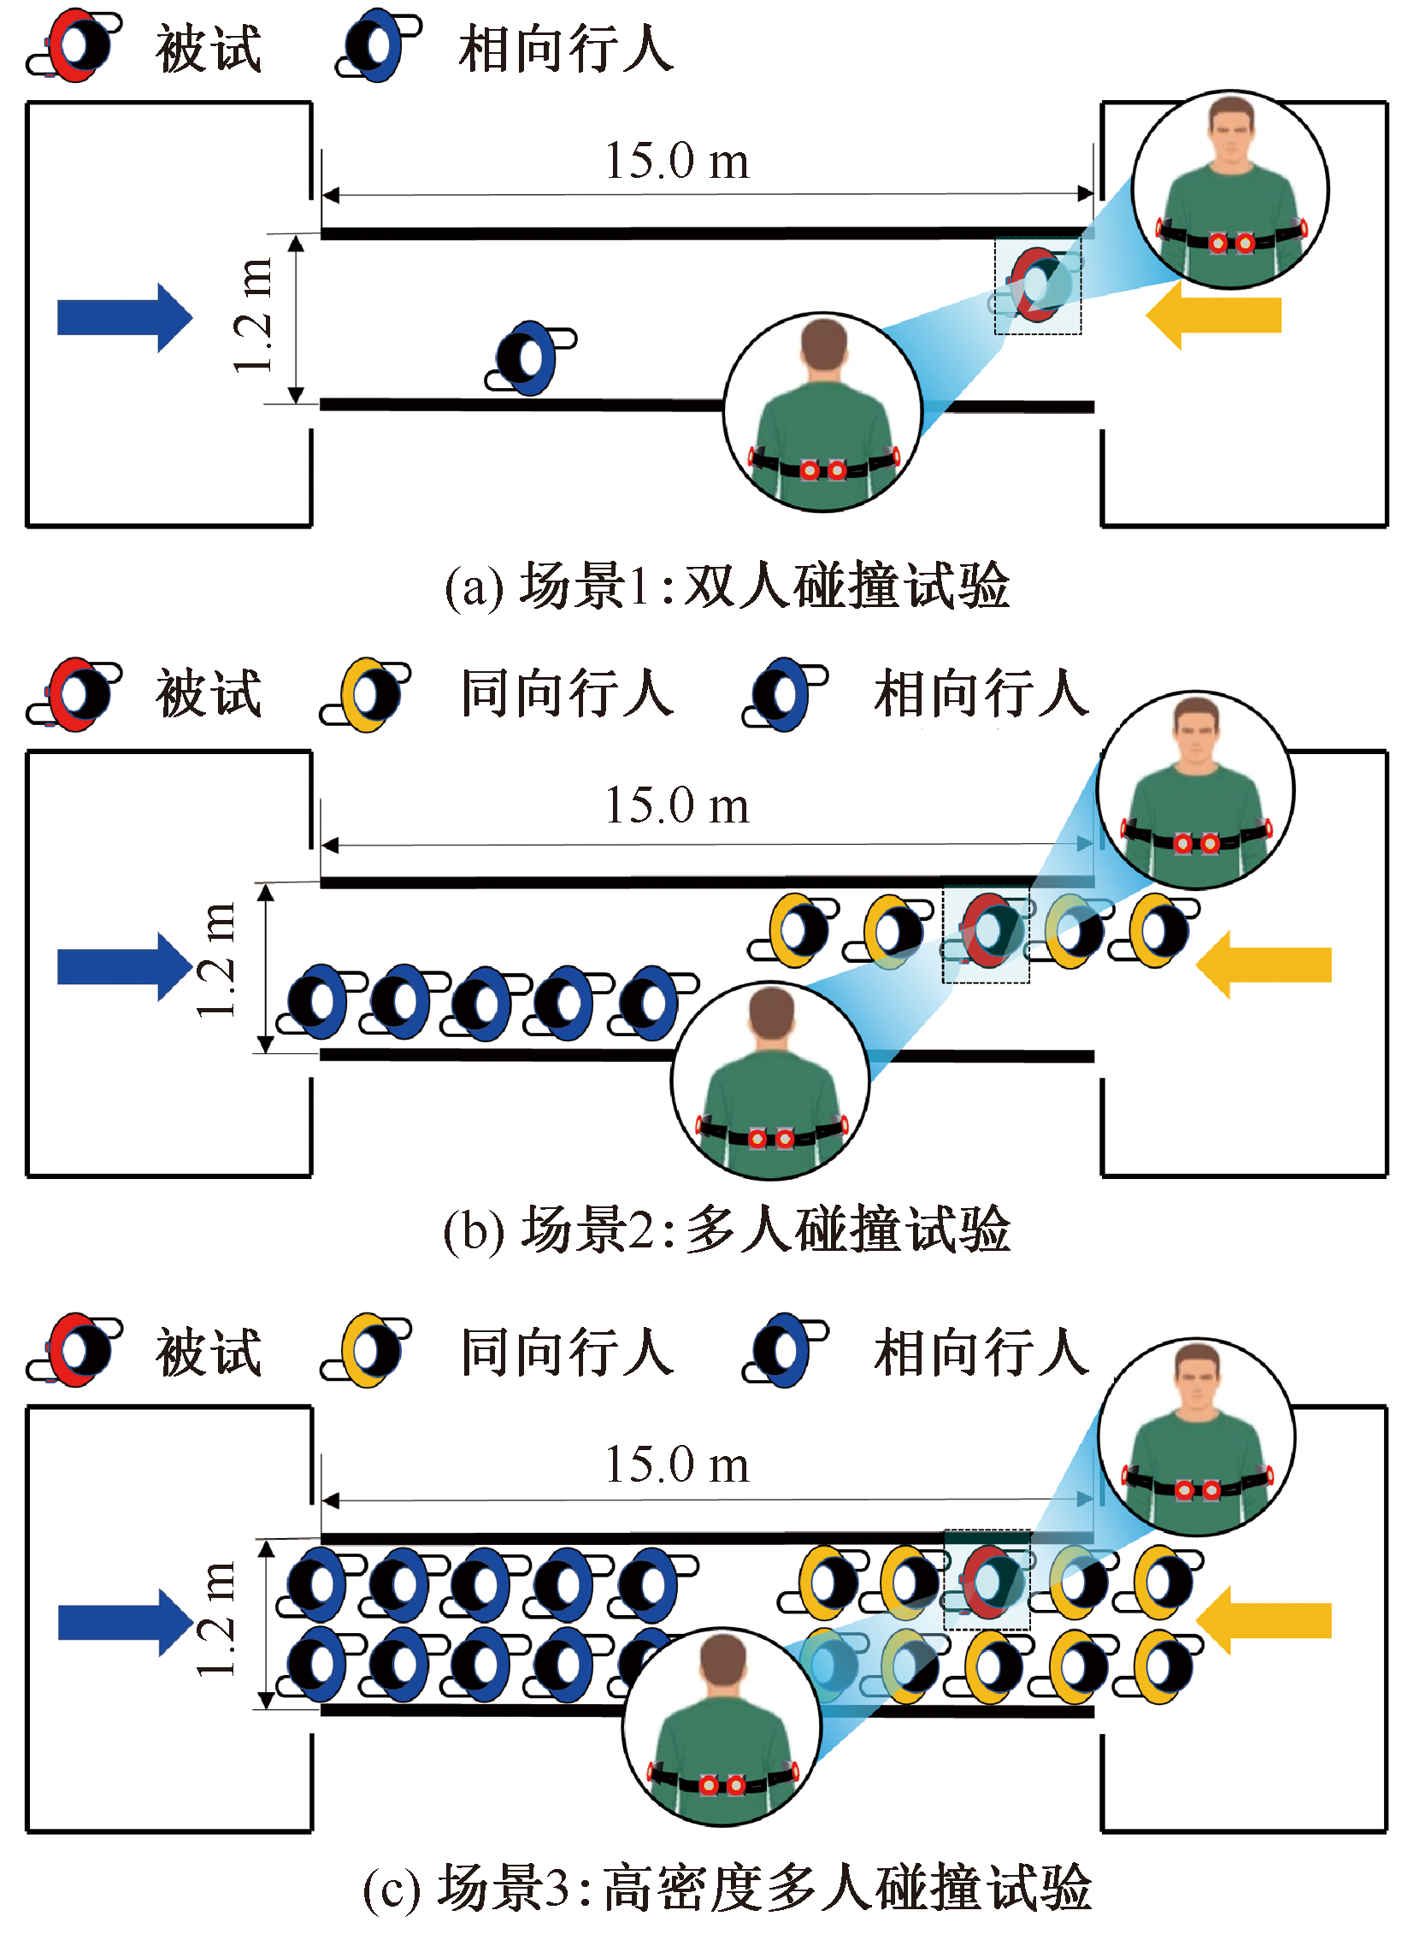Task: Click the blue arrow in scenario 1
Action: (124, 316)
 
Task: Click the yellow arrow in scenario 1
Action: (1213, 315)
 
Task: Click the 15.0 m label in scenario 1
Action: (677, 160)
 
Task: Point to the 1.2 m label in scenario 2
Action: (215, 959)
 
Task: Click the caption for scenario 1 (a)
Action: (727, 587)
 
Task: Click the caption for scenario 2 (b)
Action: (727, 1229)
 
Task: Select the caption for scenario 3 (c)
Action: (727, 1887)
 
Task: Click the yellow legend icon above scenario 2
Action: (366, 694)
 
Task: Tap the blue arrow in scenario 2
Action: (124, 965)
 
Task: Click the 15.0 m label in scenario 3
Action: (677, 1465)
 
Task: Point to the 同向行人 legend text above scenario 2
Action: (568, 693)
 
